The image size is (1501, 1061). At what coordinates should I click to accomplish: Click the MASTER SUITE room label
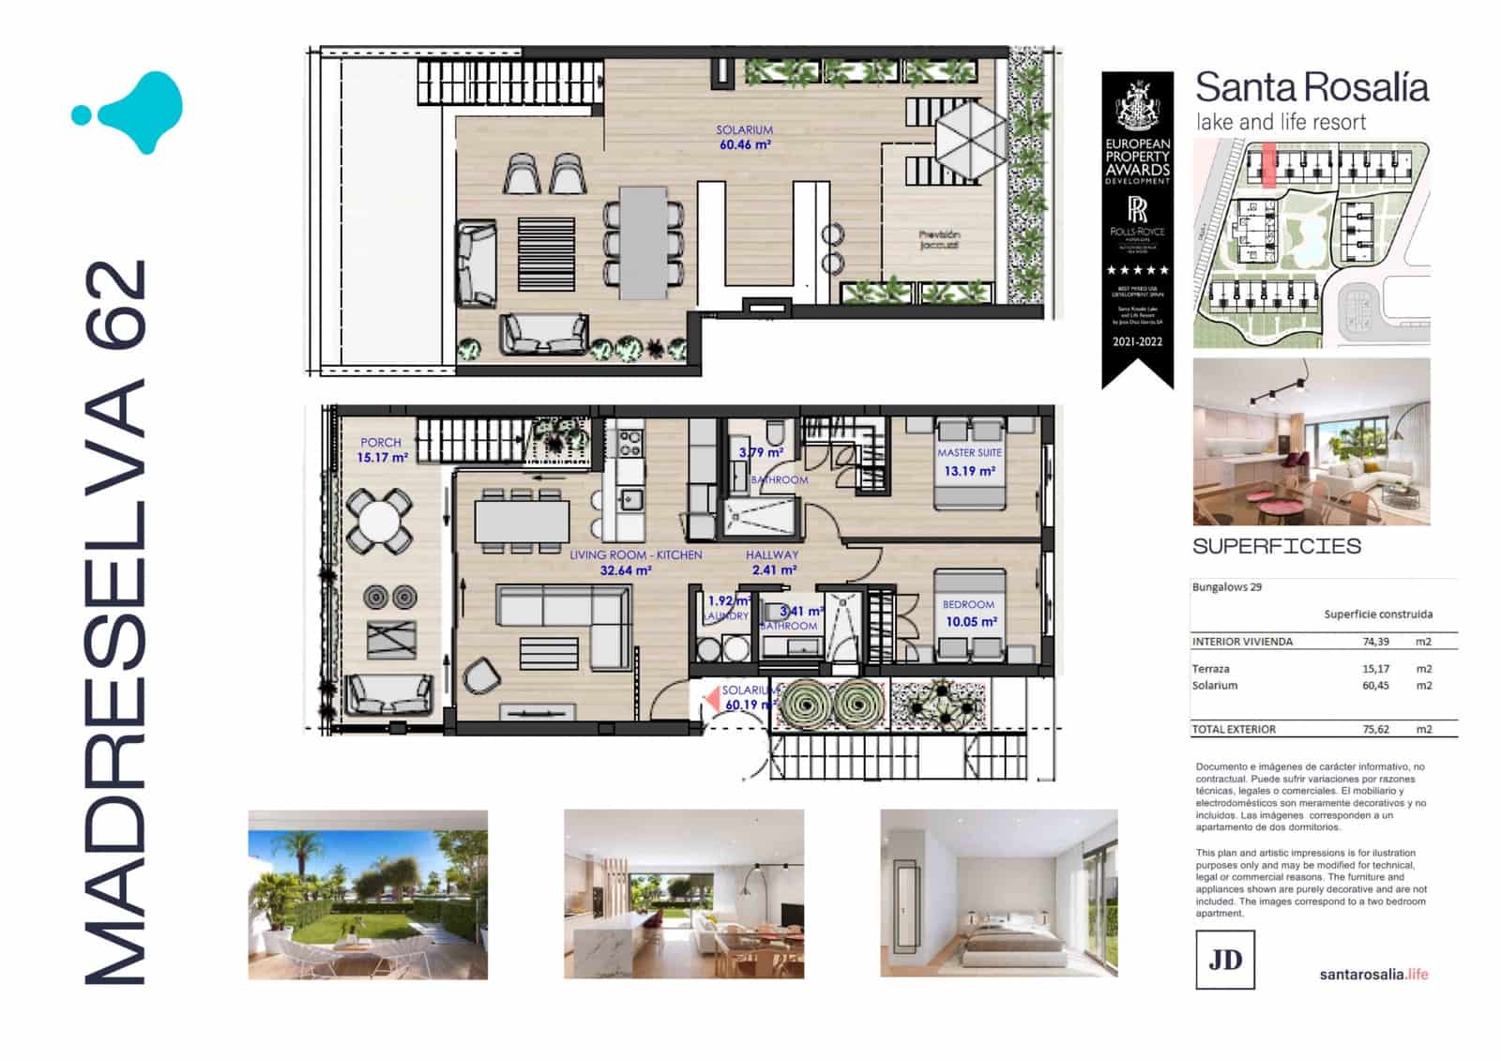tap(969, 452)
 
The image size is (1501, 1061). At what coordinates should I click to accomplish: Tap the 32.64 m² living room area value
tap(625, 570)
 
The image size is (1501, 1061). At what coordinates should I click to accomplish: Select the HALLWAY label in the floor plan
tap(772, 555)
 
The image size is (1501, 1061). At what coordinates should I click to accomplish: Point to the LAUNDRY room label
tap(727, 616)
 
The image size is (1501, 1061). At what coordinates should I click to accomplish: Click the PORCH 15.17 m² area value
tap(382, 458)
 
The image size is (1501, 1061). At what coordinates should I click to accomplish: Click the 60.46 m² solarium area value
tap(745, 145)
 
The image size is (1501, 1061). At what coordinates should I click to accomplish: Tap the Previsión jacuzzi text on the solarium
tap(939, 240)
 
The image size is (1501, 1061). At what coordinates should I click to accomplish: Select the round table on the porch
tap(379, 520)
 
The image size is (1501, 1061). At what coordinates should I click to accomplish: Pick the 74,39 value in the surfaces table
tap(1375, 642)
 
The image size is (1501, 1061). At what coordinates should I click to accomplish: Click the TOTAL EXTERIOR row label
tap(1234, 729)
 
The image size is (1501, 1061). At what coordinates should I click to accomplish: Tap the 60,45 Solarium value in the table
tap(1375, 686)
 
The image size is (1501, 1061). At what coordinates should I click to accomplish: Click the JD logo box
tap(1225, 959)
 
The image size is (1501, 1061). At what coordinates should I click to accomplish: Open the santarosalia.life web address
tap(1373, 974)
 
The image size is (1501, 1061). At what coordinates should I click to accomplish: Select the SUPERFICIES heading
tap(1276, 546)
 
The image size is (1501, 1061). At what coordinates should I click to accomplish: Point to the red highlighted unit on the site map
tap(1268, 165)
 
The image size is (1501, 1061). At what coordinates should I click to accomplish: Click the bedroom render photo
tap(998, 894)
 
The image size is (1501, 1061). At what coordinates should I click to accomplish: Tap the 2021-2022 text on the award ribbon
tap(1137, 341)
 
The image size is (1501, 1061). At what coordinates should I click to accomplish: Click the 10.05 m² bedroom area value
tap(971, 622)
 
